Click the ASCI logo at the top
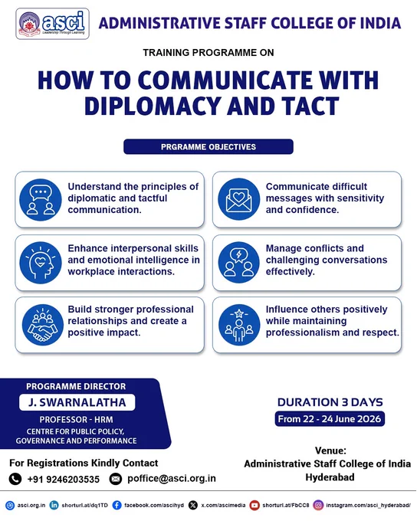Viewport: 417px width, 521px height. pyautogui.click(x=53, y=24)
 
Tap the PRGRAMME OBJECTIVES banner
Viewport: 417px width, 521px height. pyautogui.click(x=208, y=147)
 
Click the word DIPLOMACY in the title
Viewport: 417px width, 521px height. pyautogui.click(x=153, y=106)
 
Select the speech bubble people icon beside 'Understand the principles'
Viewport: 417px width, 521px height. pyautogui.click(x=41, y=200)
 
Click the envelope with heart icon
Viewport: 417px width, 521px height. pyautogui.click(x=238, y=199)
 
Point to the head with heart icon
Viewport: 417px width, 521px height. pyautogui.click(x=41, y=263)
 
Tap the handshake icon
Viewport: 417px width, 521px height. pyautogui.click(x=43, y=325)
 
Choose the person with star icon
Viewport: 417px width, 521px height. pyautogui.click(x=239, y=325)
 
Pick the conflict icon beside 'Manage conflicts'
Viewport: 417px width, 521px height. pyautogui.click(x=238, y=263)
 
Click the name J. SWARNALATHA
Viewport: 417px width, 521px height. pyautogui.click(x=77, y=402)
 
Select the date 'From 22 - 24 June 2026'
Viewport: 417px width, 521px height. pyautogui.click(x=330, y=418)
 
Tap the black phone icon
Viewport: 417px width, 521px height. pyautogui.click(x=15, y=479)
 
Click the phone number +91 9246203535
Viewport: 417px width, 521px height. pyautogui.click(x=64, y=480)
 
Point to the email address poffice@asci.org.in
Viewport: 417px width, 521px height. pyautogui.click(x=172, y=478)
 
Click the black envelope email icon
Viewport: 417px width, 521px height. pyautogui.click(x=116, y=479)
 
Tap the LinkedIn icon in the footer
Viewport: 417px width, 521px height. pyautogui.click(x=54, y=506)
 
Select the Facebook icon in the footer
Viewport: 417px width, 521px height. pyautogui.click(x=117, y=506)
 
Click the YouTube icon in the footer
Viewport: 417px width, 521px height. pyautogui.click(x=254, y=506)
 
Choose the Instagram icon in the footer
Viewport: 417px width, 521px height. pyautogui.click(x=318, y=506)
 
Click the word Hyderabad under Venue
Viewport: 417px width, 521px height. pyautogui.click(x=330, y=477)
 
